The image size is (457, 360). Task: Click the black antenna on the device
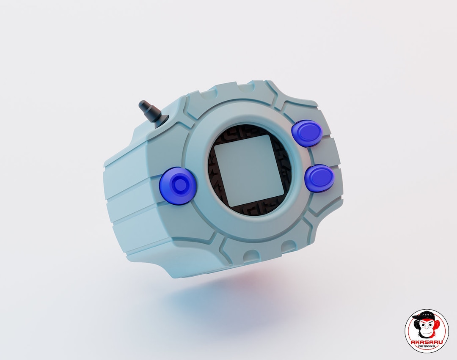coord(151,112)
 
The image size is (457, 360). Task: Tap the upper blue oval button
coord(307,133)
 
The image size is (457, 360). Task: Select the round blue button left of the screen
coord(178,186)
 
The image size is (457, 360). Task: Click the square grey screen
coord(248,170)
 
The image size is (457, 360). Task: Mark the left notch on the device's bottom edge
coord(250,255)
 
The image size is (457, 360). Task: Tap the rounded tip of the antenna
coord(143,103)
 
